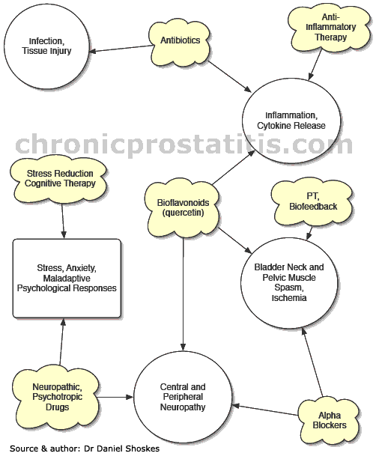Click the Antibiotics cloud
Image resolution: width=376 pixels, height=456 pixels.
coord(180,43)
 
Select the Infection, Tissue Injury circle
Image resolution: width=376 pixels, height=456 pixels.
coord(46,46)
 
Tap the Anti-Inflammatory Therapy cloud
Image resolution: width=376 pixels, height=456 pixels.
coord(330,29)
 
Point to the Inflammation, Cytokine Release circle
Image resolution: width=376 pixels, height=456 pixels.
coord(291,121)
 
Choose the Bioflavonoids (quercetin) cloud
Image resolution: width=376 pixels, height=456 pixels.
coord(183,207)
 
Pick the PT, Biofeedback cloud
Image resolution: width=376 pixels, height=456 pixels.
coord(312,203)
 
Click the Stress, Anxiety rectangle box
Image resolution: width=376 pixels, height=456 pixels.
coord(67,278)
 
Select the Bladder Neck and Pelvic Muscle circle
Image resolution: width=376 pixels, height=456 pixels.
coord(289,283)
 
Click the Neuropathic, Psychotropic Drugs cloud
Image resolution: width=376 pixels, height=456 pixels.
coord(57,398)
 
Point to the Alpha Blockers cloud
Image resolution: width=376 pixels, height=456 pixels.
coord(329,420)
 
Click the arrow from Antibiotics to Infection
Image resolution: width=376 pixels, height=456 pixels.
coord(121,49)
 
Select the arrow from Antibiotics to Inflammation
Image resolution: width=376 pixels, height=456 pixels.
coord(229,77)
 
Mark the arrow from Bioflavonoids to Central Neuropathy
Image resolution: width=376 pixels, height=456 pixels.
coord(184,294)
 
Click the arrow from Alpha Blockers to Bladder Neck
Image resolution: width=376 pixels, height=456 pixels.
coord(312,362)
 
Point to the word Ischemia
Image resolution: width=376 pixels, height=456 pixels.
coord(289,298)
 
